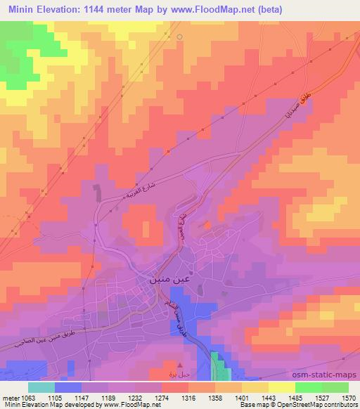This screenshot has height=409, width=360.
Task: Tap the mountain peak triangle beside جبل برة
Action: (181, 365)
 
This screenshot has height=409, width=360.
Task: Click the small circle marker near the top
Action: (180, 37)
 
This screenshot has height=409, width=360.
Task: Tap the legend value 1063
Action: (28, 398)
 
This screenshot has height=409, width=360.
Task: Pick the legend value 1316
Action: (188, 398)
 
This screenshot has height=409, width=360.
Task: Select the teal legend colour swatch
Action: (41, 387)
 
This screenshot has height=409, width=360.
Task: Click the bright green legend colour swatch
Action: (308, 387)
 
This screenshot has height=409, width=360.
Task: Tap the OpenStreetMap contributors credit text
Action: (310, 405)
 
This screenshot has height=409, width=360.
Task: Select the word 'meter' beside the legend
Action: (10, 398)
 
